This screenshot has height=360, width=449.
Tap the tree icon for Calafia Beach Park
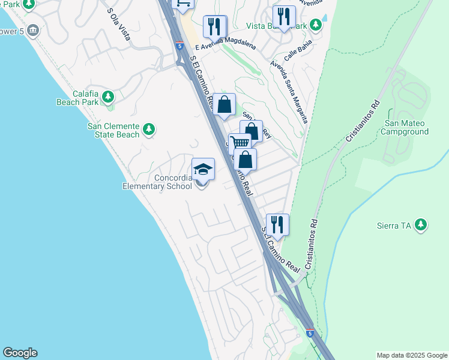(x=108, y=96)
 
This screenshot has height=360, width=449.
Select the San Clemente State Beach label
(x=113, y=130)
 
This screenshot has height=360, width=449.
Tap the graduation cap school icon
(x=203, y=170)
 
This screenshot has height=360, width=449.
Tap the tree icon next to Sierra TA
(x=421, y=224)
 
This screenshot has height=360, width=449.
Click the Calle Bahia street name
(x=299, y=54)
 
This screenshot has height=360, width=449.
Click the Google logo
(x=20, y=353)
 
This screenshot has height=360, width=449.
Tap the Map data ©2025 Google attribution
(x=412, y=355)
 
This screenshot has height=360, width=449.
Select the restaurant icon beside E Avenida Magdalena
(x=214, y=26)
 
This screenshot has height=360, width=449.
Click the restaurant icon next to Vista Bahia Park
(x=284, y=16)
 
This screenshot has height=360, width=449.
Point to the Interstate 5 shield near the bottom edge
(x=310, y=333)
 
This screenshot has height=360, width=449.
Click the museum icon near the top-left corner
(x=32, y=29)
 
